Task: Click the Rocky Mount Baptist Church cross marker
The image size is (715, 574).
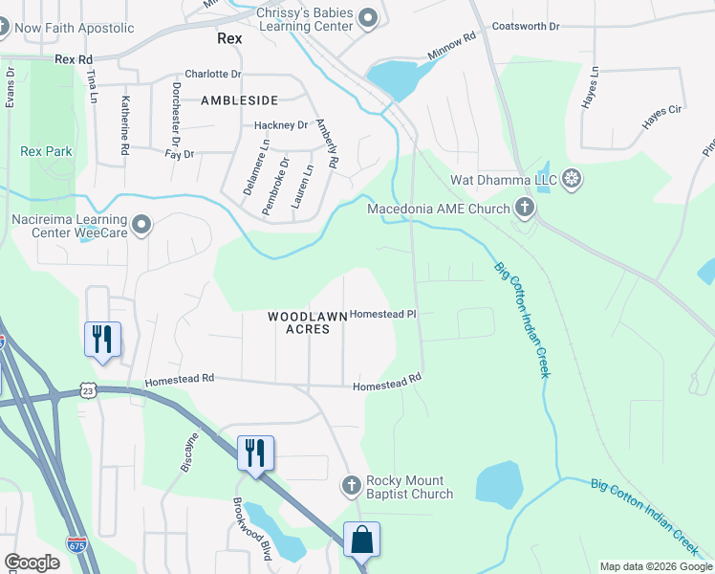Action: click(x=351, y=486)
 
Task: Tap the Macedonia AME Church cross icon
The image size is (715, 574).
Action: click(x=524, y=207)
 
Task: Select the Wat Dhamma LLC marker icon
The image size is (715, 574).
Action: click(x=572, y=179)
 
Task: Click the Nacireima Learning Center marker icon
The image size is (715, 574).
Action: click(x=141, y=225)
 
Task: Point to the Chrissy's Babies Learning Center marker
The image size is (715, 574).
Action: click(x=366, y=17)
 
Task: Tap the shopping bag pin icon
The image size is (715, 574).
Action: click(x=362, y=541)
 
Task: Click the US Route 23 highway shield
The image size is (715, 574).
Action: click(x=88, y=390)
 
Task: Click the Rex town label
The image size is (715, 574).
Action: click(x=229, y=39)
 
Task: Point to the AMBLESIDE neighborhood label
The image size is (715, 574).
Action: click(x=239, y=99)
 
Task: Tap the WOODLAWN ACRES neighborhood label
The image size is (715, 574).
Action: click(x=298, y=322)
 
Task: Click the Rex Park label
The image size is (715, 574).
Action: click(x=46, y=151)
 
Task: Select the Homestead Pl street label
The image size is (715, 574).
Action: click(x=383, y=314)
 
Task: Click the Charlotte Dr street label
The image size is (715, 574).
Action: click(x=213, y=74)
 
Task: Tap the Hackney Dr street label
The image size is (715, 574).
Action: click(x=281, y=125)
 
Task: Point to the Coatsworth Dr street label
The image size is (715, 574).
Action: click(x=525, y=27)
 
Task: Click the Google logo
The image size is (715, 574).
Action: click(x=32, y=562)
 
